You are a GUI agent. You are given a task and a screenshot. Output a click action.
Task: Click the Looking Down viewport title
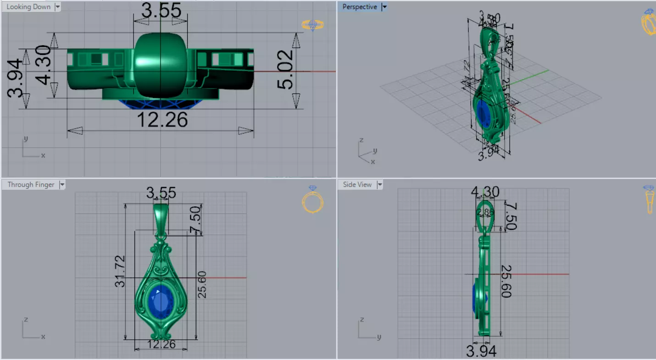(28, 7)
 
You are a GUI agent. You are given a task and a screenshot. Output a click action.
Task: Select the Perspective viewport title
(359, 7)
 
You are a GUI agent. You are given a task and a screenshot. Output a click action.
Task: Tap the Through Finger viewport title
(31, 184)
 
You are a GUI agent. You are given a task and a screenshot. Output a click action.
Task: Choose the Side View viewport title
(357, 184)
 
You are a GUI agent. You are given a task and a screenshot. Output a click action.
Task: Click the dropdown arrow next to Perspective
(384, 7)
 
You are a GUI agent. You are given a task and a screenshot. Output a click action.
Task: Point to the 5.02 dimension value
(285, 70)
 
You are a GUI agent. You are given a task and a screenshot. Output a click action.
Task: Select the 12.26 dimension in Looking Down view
(162, 120)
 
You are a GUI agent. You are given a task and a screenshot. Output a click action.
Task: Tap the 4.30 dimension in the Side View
(485, 192)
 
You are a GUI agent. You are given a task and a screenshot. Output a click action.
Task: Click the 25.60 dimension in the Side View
(506, 281)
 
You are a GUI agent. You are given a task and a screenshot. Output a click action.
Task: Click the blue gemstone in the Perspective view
(483, 113)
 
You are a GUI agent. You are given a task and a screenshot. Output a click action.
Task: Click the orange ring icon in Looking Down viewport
(312, 25)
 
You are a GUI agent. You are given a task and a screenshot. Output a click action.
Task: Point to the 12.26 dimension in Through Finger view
(161, 344)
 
